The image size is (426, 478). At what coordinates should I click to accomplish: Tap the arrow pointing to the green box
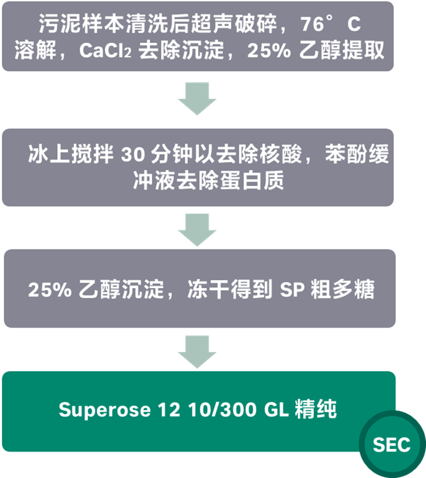point(197,352)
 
